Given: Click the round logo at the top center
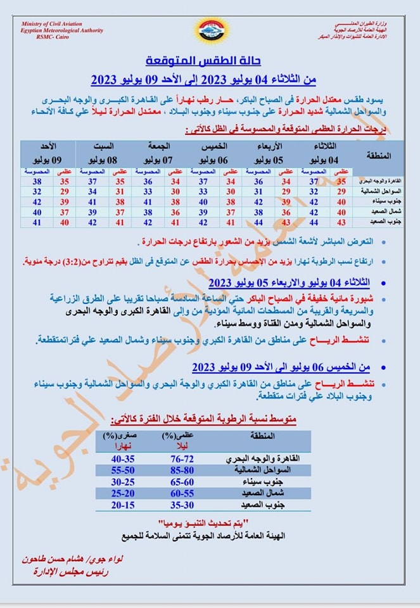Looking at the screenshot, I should pyautogui.click(x=211, y=30).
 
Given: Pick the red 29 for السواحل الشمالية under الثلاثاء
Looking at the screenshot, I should pyautogui.click(x=341, y=191).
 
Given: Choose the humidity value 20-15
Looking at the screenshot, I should pyautogui.click(x=124, y=505).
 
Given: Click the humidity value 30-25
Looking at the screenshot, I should pyautogui.click(x=124, y=481).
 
